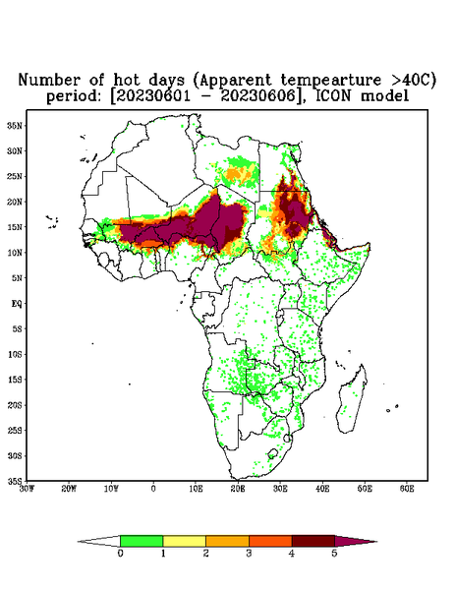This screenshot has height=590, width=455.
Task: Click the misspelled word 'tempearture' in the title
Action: click(330, 81)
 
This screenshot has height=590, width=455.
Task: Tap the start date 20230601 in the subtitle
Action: click(153, 96)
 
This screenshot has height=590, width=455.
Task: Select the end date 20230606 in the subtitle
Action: click(257, 96)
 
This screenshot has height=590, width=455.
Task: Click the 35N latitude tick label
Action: click(15, 125)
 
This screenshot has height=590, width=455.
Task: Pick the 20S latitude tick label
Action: click(15, 405)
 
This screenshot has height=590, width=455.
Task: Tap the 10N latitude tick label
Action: click(15, 253)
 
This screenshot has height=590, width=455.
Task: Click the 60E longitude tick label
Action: click(407, 489)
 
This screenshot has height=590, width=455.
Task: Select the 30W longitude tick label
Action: click(27, 489)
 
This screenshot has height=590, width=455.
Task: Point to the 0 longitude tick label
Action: click(153, 489)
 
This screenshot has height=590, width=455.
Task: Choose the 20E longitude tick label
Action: click(238, 489)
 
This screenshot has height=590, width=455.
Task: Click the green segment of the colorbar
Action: click(142, 541)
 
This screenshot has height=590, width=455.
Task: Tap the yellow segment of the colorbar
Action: click(184, 541)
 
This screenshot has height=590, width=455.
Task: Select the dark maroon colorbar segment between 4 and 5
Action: click(313, 541)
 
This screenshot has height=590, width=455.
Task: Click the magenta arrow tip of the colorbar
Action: click(356, 541)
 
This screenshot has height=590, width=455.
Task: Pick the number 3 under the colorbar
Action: click(249, 554)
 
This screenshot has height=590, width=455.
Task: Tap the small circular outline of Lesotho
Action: click(272, 454)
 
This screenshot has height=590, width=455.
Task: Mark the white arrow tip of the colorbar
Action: click(98, 541)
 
